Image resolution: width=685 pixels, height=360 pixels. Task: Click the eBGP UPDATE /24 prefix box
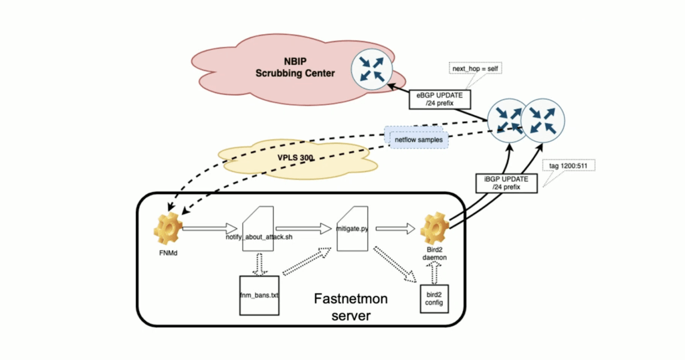point(441,99)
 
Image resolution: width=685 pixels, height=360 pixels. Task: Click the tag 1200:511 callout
point(567,165)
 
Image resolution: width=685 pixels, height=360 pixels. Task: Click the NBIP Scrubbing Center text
point(295,68)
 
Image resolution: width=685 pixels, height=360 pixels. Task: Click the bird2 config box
point(433,298)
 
